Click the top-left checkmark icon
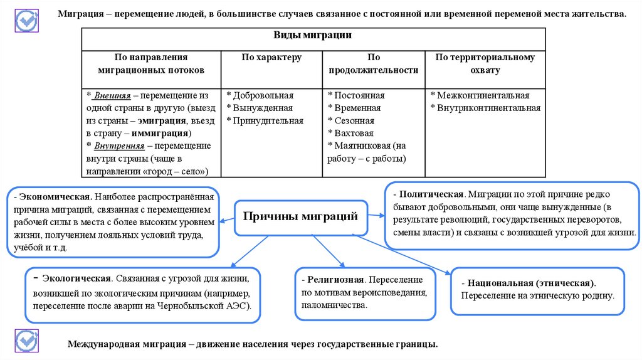[26, 21]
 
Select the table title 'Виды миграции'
[312, 36]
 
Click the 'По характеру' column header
[271, 57]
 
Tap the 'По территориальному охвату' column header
[485, 63]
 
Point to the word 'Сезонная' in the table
[354, 121]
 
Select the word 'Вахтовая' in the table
[353, 134]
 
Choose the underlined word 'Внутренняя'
[120, 146]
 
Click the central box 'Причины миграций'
[300, 217]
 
